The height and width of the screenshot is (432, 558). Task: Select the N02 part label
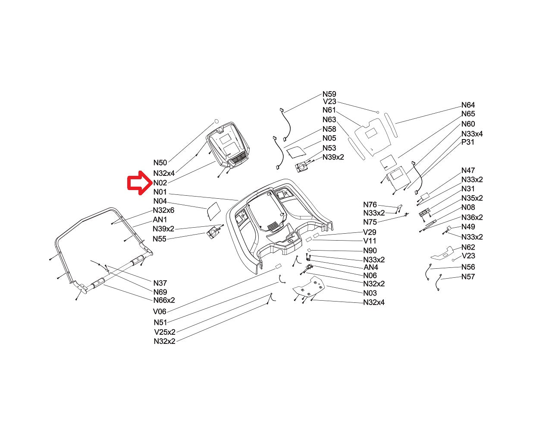[160, 183]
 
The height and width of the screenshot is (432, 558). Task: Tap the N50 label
[160, 163]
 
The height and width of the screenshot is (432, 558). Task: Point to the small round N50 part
[217, 121]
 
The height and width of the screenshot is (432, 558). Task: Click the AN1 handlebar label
[160, 219]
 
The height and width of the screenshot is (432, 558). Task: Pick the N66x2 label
[164, 300]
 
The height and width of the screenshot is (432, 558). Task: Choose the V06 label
[160, 311]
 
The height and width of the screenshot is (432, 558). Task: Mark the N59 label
[329, 94]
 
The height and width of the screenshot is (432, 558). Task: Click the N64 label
[468, 105]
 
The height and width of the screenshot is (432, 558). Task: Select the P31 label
[468, 142]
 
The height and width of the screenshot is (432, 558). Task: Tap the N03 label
[370, 293]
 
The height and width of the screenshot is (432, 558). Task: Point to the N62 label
[468, 247]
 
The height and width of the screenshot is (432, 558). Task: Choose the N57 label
[468, 276]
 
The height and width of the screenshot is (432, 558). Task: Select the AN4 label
[370, 267]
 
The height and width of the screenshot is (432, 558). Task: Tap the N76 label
[370, 205]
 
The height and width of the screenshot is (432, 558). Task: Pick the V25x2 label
[165, 332]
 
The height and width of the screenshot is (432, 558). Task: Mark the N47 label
[468, 170]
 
